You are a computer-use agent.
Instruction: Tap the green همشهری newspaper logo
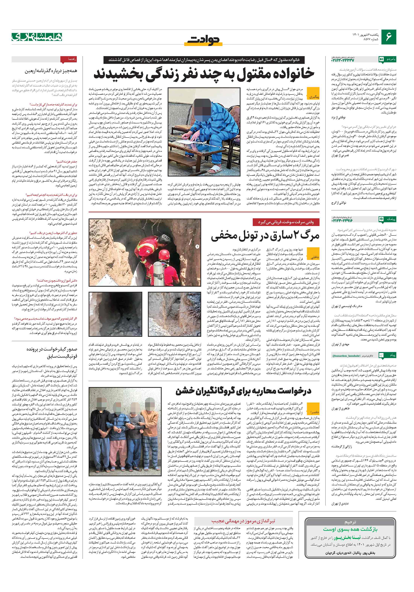pos(37,37)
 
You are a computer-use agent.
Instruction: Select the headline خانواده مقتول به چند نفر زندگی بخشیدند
pos(204,74)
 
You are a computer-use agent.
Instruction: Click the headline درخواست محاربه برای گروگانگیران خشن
pos(244,391)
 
